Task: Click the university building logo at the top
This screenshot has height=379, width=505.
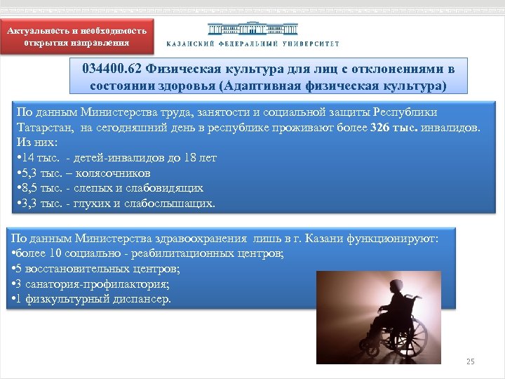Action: pyautogui.click(x=252, y=29)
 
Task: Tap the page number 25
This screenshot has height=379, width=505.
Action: pyautogui.click(x=471, y=361)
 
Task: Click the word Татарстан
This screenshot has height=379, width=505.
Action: pyautogui.click(x=44, y=128)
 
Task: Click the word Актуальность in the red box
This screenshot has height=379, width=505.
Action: pyautogui.click(x=41, y=31)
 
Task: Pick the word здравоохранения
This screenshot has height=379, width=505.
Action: pyautogui.click(x=205, y=239)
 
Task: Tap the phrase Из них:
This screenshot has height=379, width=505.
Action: pyautogui.click(x=32, y=142)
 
